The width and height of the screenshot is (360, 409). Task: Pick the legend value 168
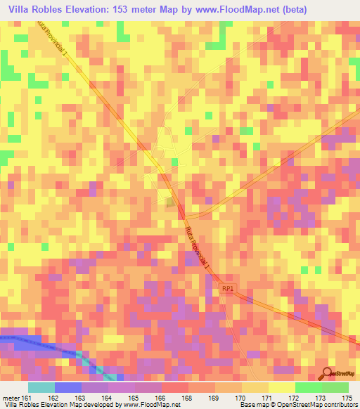pyautogui.click(x=188, y=398)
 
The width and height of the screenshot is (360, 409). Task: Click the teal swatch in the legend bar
pyautogui.click(x=41, y=387)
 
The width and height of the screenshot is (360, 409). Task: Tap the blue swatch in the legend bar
pyautogui.click(x=67, y=387)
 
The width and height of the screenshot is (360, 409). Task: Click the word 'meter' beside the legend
pyautogui.click(x=10, y=398)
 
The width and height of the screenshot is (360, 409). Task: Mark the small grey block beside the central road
pyautogui.click(x=171, y=202)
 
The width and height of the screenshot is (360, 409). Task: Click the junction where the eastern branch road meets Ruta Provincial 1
pyautogui.click(x=184, y=216)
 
